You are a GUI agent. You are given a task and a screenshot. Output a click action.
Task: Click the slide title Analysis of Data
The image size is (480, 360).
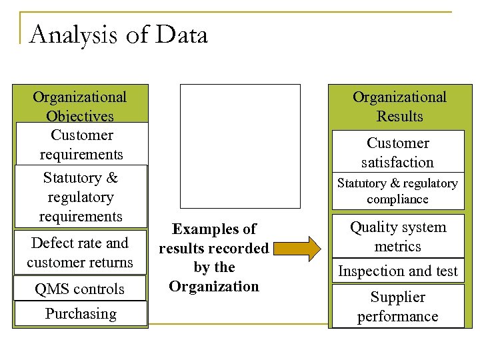point(119,35)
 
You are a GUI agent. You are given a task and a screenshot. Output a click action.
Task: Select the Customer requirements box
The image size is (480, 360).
point(81,144)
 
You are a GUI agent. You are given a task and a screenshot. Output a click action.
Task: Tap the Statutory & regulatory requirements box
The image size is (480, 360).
point(81,197)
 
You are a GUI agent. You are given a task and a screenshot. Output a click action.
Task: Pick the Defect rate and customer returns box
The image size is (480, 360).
point(80,253)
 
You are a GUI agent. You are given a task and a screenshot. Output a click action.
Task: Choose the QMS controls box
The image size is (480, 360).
point(80,289)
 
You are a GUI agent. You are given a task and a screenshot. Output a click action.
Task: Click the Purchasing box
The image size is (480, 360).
point(80,314)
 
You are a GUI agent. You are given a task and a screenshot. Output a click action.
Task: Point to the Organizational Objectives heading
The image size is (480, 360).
point(79,106)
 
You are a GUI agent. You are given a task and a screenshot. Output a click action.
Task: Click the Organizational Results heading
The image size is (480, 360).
point(399,106)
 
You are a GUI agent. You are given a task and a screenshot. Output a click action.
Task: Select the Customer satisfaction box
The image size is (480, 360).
point(397,152)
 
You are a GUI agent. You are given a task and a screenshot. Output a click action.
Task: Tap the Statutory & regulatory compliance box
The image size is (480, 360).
point(397,191)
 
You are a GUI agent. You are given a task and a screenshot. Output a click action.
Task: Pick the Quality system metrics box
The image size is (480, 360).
point(397,236)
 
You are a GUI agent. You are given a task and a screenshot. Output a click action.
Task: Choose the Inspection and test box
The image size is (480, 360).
point(397,271)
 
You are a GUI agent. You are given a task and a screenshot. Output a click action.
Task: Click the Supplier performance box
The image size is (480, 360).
point(397,306)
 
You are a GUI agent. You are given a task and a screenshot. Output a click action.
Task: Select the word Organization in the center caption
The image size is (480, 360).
point(213,286)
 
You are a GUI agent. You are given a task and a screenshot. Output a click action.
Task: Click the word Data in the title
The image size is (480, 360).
point(183,35)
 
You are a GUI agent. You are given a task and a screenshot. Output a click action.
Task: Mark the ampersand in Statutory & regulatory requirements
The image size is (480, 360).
point(111,178)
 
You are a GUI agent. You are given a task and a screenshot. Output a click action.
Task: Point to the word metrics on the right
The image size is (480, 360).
point(397,246)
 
